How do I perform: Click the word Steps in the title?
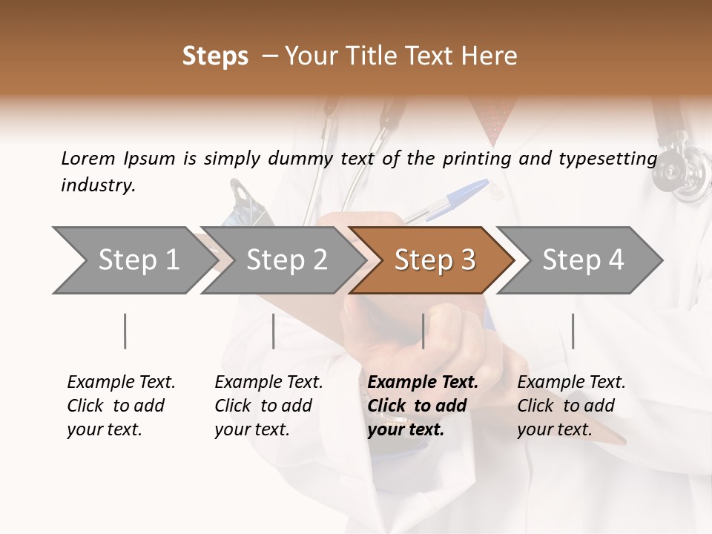pyautogui.click(x=215, y=56)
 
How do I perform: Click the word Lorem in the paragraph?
pyautogui.click(x=88, y=158)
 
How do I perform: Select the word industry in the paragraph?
pyautogui.click(x=98, y=185)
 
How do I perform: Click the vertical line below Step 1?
pyautogui.click(x=125, y=331)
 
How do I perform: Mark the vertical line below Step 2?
pyautogui.click(x=274, y=331)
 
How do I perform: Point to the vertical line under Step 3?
pyautogui.click(x=423, y=331)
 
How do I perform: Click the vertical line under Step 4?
pyautogui.click(x=573, y=331)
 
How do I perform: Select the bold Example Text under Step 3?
pyautogui.click(x=423, y=383)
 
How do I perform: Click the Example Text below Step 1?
pyautogui.click(x=121, y=383)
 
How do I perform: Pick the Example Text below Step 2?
pyautogui.click(x=268, y=383)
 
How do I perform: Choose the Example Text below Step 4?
pyautogui.click(x=571, y=383)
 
